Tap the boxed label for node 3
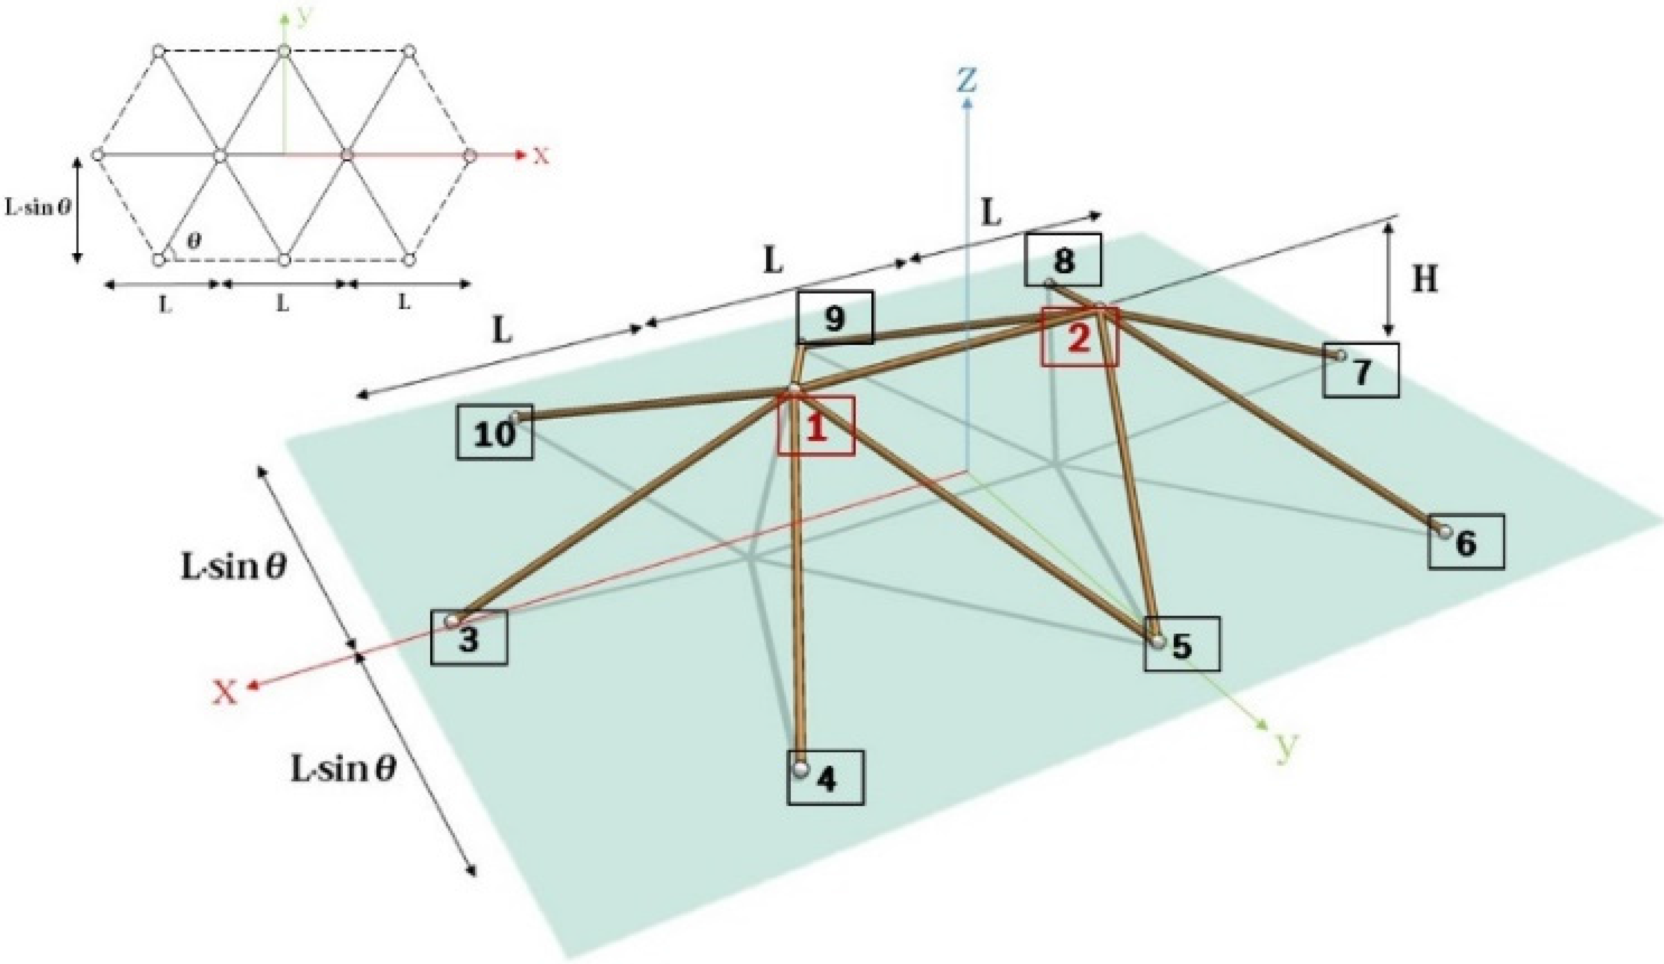469,638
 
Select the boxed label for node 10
494,433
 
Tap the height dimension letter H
1425,281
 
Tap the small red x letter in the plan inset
541,156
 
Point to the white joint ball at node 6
1445,530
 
